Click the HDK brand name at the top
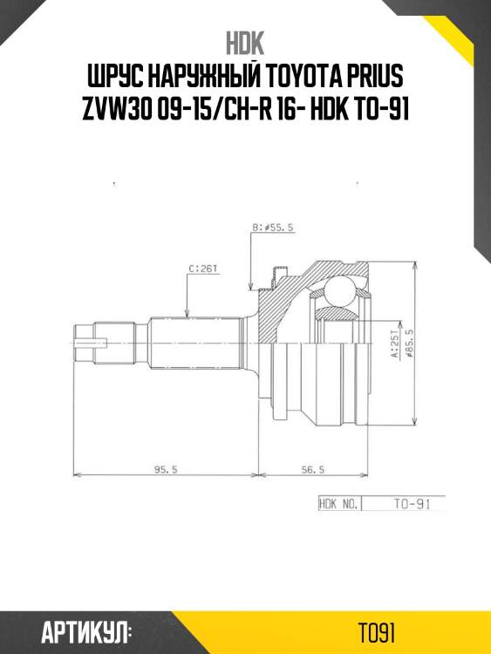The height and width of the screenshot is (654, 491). [244, 43]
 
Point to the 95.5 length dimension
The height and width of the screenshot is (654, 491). [166, 469]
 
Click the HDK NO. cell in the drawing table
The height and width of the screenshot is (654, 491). [338, 503]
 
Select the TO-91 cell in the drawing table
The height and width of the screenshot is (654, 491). [402, 503]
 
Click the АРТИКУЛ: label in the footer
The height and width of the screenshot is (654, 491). [85, 630]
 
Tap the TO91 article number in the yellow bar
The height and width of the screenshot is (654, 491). [378, 630]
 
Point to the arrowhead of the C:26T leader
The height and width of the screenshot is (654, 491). [188, 313]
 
